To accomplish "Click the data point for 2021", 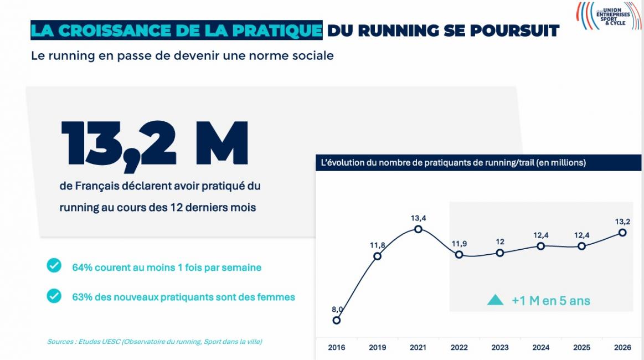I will point(418,229).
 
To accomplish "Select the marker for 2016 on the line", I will point(336,320).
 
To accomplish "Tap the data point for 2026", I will point(622,233).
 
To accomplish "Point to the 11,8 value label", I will point(377,245).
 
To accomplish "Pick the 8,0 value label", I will point(336,309).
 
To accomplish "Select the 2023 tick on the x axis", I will point(499,348).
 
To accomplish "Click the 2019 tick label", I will point(377,348).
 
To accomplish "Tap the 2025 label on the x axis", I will point(581,348).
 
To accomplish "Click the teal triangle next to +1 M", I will point(494,300).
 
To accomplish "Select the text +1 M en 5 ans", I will point(550,301).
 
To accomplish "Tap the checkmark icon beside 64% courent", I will point(54,266).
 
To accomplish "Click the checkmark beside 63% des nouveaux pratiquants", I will point(54,296).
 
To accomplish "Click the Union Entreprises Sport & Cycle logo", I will point(606,16).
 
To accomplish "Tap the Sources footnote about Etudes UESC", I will point(154,342).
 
